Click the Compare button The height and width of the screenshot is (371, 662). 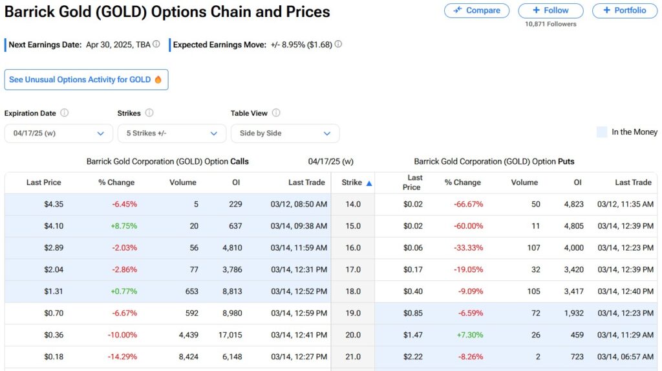476,10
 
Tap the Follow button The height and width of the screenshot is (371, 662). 550,10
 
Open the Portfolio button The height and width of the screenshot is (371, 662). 624,10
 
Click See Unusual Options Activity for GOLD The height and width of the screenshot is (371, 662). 86,80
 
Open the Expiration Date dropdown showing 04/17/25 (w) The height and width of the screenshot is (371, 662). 58,133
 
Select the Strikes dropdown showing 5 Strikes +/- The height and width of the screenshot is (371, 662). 171,133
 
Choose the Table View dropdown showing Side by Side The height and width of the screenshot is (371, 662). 284,133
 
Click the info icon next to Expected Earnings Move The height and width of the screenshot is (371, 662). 338,45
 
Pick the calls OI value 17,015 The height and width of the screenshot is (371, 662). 230,335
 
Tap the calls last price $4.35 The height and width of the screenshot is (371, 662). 53,204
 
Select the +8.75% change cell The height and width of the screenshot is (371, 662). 124,226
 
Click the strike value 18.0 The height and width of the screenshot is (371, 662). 352,291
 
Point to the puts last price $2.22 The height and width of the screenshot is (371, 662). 412,357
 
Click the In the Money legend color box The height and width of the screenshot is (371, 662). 602,132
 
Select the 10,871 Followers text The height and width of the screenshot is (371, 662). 550,24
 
